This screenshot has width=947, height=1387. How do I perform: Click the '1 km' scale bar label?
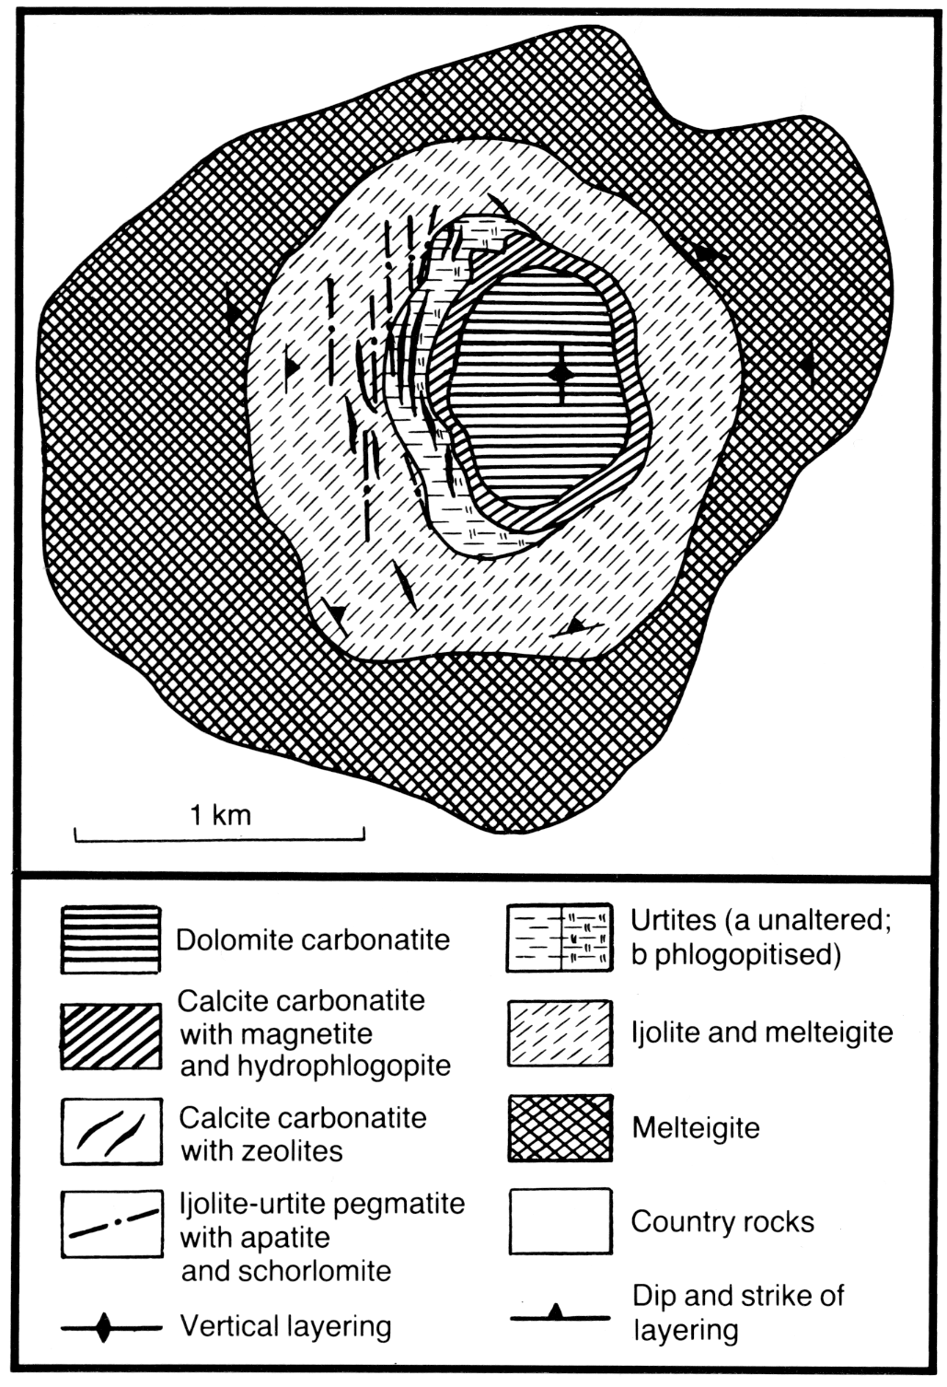220,815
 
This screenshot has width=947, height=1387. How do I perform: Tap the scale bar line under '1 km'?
220,840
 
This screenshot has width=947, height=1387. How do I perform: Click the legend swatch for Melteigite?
560,1128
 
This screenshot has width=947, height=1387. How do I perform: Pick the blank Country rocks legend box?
560,1221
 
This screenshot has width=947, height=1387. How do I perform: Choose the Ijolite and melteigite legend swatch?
560,1032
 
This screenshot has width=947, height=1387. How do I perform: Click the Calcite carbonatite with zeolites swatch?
112,1133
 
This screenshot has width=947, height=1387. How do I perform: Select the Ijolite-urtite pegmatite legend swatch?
112,1224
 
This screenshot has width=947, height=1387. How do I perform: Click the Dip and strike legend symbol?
560,1313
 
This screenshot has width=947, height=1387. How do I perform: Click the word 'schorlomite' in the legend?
286,1271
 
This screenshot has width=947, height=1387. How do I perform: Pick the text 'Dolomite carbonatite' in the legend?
313,939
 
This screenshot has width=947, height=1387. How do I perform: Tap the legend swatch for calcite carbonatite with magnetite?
111,1035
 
